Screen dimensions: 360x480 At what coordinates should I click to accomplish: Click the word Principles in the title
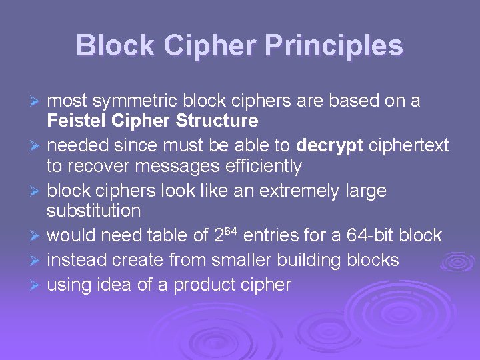[334, 46]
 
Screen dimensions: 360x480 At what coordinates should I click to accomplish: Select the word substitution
[94, 211]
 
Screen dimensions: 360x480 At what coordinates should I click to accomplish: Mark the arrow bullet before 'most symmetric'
[37, 101]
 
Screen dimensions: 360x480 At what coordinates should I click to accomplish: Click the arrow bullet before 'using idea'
[37, 285]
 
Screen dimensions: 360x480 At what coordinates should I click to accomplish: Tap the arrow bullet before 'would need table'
[37, 236]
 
